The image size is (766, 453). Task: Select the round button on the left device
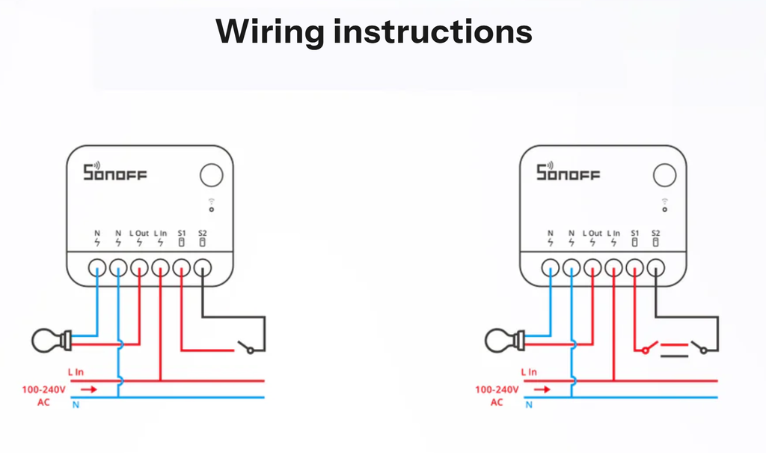[x=211, y=176]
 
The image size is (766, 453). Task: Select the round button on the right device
[x=664, y=176]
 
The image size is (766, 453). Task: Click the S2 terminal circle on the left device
[x=202, y=267]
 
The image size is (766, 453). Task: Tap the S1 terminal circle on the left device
[x=181, y=267]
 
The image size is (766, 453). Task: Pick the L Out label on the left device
[x=139, y=233]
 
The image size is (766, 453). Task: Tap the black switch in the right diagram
[x=700, y=347]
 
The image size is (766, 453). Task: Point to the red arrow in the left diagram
[x=88, y=389]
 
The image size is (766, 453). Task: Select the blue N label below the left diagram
[x=76, y=405]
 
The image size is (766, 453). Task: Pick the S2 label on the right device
[x=656, y=233]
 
